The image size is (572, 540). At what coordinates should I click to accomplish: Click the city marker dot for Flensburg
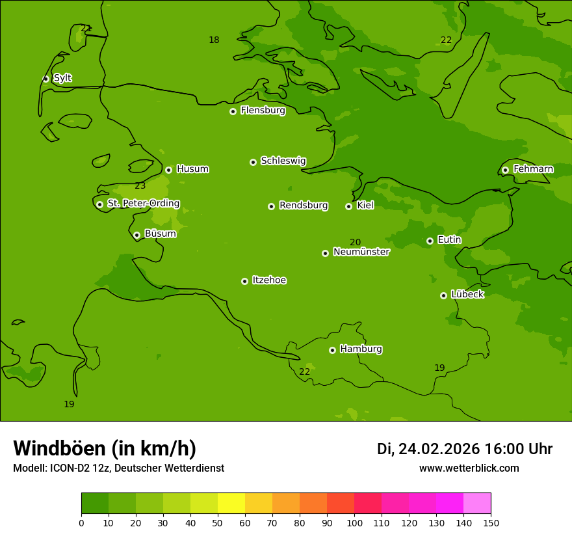point(233,111)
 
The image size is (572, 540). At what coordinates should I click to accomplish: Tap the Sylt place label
point(62,78)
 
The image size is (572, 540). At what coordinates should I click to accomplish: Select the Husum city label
point(192,169)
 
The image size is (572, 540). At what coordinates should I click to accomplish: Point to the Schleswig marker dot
point(253,162)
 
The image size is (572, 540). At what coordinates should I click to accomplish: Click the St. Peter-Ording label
point(143,204)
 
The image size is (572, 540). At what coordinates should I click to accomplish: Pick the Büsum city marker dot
point(136,235)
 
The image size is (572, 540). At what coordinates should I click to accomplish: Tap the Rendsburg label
point(303,206)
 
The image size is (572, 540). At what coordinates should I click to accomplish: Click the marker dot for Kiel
point(348,206)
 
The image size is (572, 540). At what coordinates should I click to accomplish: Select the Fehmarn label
point(533,169)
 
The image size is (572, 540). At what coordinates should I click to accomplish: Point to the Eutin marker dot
point(430,241)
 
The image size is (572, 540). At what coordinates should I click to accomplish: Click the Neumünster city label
point(361,252)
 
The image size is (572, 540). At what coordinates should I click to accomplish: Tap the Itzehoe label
point(269,280)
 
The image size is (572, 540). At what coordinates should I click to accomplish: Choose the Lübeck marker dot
point(443,295)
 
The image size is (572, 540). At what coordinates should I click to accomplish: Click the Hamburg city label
point(361,349)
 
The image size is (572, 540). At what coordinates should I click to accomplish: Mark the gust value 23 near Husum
point(140,186)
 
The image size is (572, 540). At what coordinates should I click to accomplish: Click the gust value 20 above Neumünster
point(355,243)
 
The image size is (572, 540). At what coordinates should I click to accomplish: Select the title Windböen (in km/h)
point(105,448)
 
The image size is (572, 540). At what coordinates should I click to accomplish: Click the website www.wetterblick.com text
point(469,468)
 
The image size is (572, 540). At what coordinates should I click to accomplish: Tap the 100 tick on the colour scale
point(354,522)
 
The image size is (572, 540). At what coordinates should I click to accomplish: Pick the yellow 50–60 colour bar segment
point(231,504)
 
